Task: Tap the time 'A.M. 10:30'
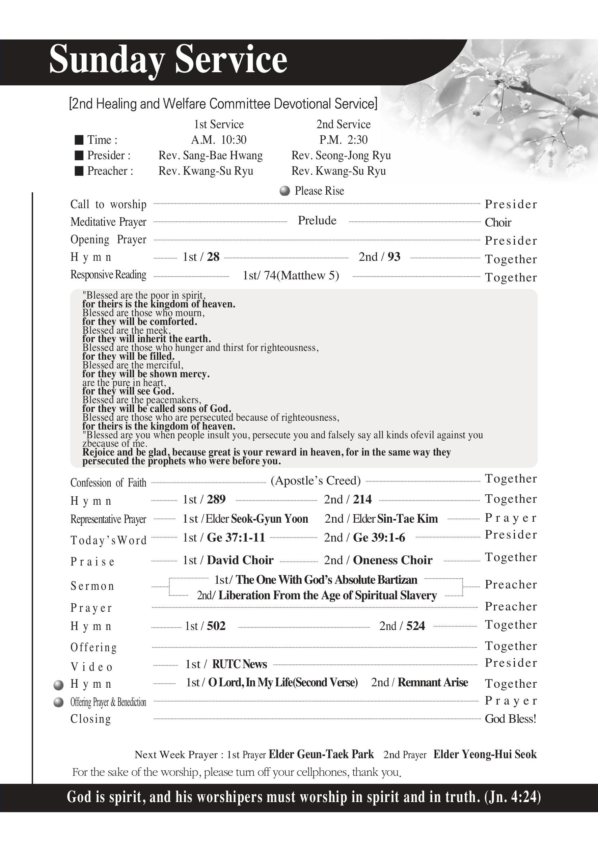point(219,140)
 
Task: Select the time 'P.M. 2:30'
point(344,140)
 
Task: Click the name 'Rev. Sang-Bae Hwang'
point(210,155)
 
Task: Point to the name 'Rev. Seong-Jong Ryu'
point(341,155)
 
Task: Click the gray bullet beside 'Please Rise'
point(285,191)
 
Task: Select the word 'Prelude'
point(317,221)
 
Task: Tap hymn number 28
point(213,257)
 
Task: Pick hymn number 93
point(394,257)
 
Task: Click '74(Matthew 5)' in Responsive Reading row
point(301,276)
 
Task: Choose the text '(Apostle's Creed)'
point(316,481)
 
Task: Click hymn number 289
point(216,499)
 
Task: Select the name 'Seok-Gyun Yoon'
point(269,519)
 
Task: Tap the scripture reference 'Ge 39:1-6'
point(379,538)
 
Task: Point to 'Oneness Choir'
point(392,560)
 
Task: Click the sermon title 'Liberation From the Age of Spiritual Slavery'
point(327,596)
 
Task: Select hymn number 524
point(415,626)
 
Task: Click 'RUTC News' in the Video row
point(240,664)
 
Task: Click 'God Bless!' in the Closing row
point(511,719)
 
